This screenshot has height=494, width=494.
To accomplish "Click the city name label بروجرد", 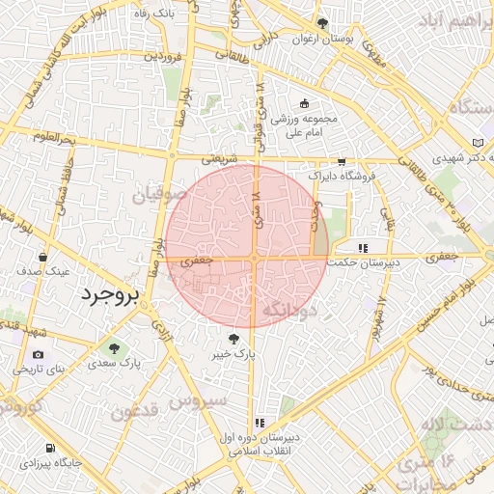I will point(110,292).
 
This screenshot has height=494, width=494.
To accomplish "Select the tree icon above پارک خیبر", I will point(234,339).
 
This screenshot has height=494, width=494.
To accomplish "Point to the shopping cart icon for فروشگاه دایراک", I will point(341,162).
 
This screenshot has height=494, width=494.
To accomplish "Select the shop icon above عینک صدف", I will point(43,258).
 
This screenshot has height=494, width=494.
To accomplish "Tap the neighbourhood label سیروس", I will point(199,398).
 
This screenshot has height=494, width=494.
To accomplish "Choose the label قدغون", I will point(135,414).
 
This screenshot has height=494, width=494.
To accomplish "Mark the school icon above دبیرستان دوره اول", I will point(260,423).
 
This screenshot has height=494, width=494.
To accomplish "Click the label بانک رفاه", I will point(152,13).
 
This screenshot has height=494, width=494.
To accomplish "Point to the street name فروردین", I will point(163,57).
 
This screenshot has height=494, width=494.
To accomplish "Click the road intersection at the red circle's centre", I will point(254,258).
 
